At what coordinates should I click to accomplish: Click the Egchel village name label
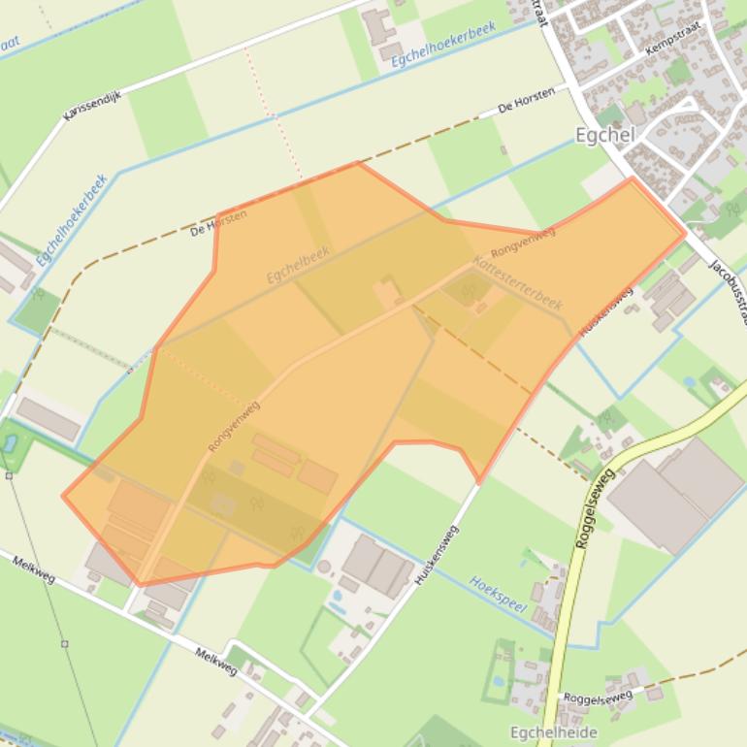[x=603, y=136]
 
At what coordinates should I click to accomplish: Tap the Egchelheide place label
[x=554, y=732]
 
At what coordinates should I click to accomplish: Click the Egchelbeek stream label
[x=299, y=264]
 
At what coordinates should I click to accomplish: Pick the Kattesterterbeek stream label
[x=518, y=283]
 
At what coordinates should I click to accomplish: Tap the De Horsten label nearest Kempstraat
[x=526, y=100]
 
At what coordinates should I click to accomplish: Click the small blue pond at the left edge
[x=10, y=443]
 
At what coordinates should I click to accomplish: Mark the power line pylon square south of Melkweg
[x=64, y=643]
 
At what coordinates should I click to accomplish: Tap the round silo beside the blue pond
[x=324, y=567]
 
